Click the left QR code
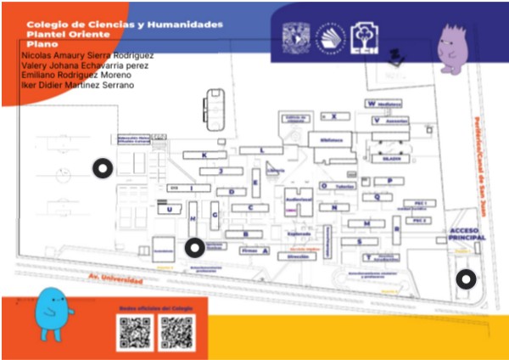(134, 332)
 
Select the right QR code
(176, 332)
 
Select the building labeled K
(204, 155)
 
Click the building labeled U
(171, 209)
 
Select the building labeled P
(389, 181)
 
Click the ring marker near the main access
(465, 278)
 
